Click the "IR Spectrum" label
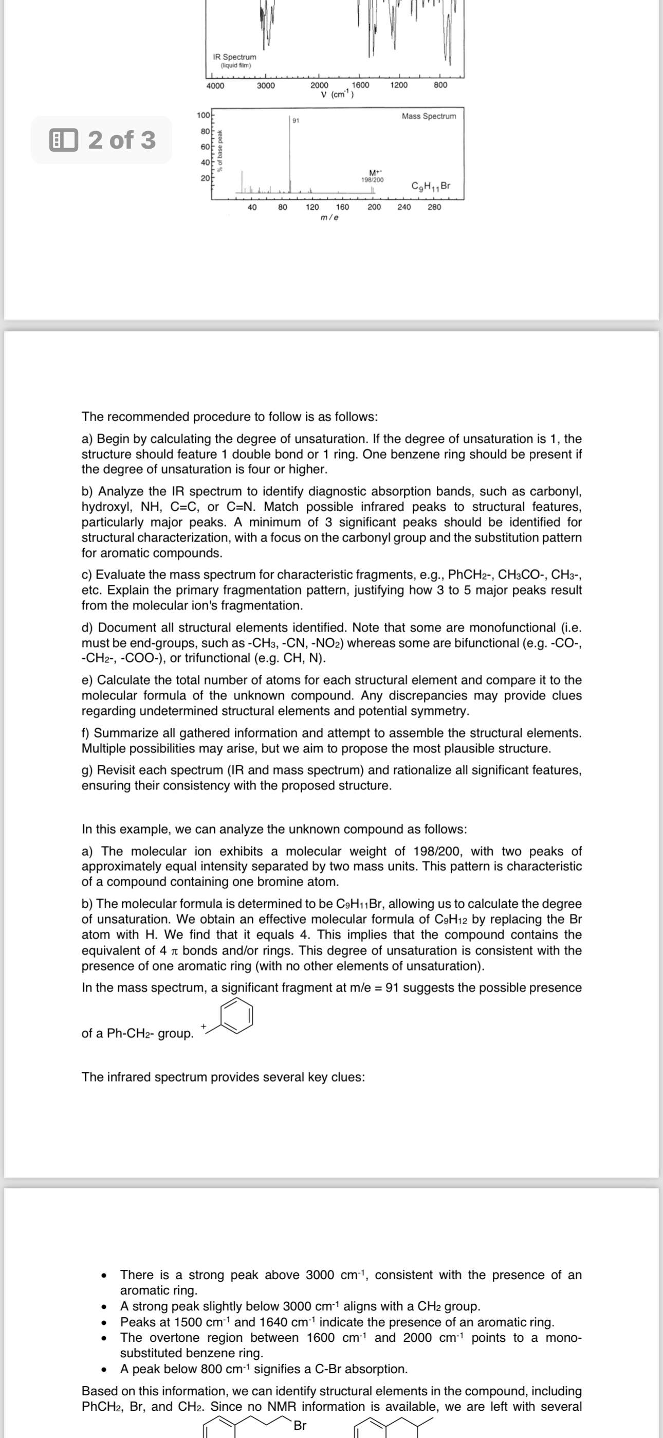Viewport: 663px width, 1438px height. [234, 57]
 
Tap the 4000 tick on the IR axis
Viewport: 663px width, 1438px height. [215, 85]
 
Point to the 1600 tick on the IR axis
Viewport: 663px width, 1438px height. [360, 85]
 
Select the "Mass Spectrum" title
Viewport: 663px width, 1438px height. [429, 116]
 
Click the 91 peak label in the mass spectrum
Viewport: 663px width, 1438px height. [296, 120]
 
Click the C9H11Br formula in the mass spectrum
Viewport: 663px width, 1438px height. [430, 185]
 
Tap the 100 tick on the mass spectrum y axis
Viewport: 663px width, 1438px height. [202, 115]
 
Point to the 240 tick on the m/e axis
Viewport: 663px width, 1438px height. [403, 207]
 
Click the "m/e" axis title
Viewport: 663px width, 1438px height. [329, 217]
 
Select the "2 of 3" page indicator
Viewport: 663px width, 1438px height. [102, 139]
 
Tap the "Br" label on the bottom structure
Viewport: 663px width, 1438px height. [300, 1425]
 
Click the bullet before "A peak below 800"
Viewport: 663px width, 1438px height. [104, 1369]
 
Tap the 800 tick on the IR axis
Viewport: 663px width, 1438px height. [440, 85]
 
